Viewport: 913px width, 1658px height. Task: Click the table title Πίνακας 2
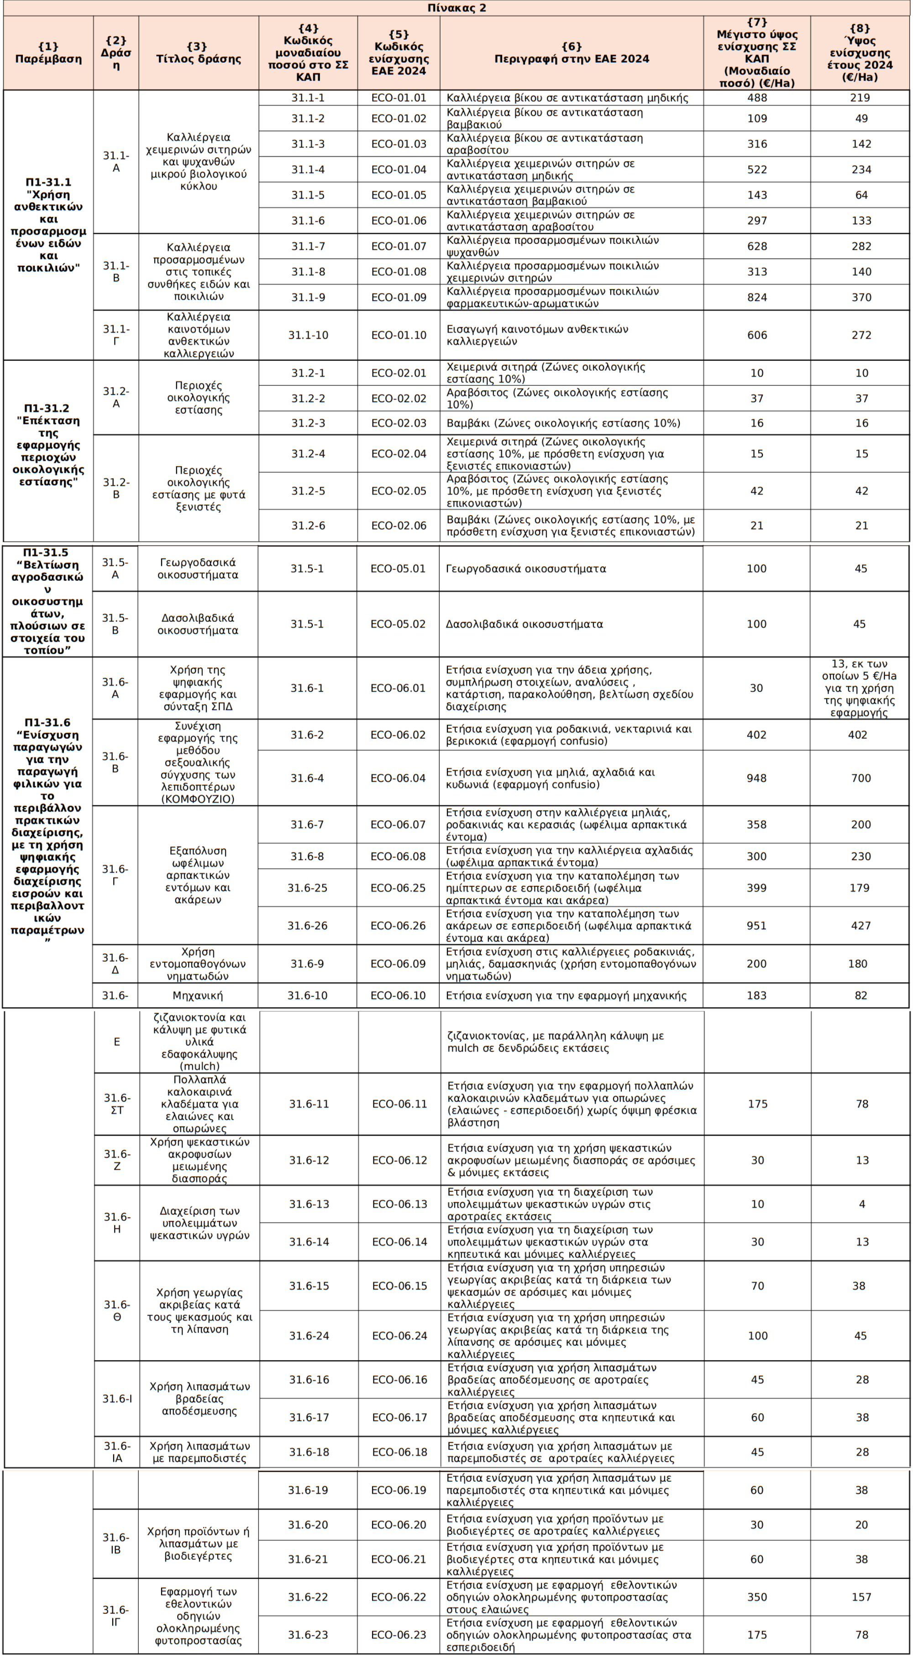coord(456,8)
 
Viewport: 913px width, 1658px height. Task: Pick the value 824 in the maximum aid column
coord(757,297)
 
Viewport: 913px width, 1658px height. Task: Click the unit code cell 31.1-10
coord(308,335)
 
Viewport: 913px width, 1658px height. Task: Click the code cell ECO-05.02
coord(398,624)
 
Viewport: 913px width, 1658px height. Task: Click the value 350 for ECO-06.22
coord(757,1597)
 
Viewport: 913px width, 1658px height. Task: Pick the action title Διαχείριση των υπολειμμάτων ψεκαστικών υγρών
coord(199,1223)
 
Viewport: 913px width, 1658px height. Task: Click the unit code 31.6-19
coord(308,1490)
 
